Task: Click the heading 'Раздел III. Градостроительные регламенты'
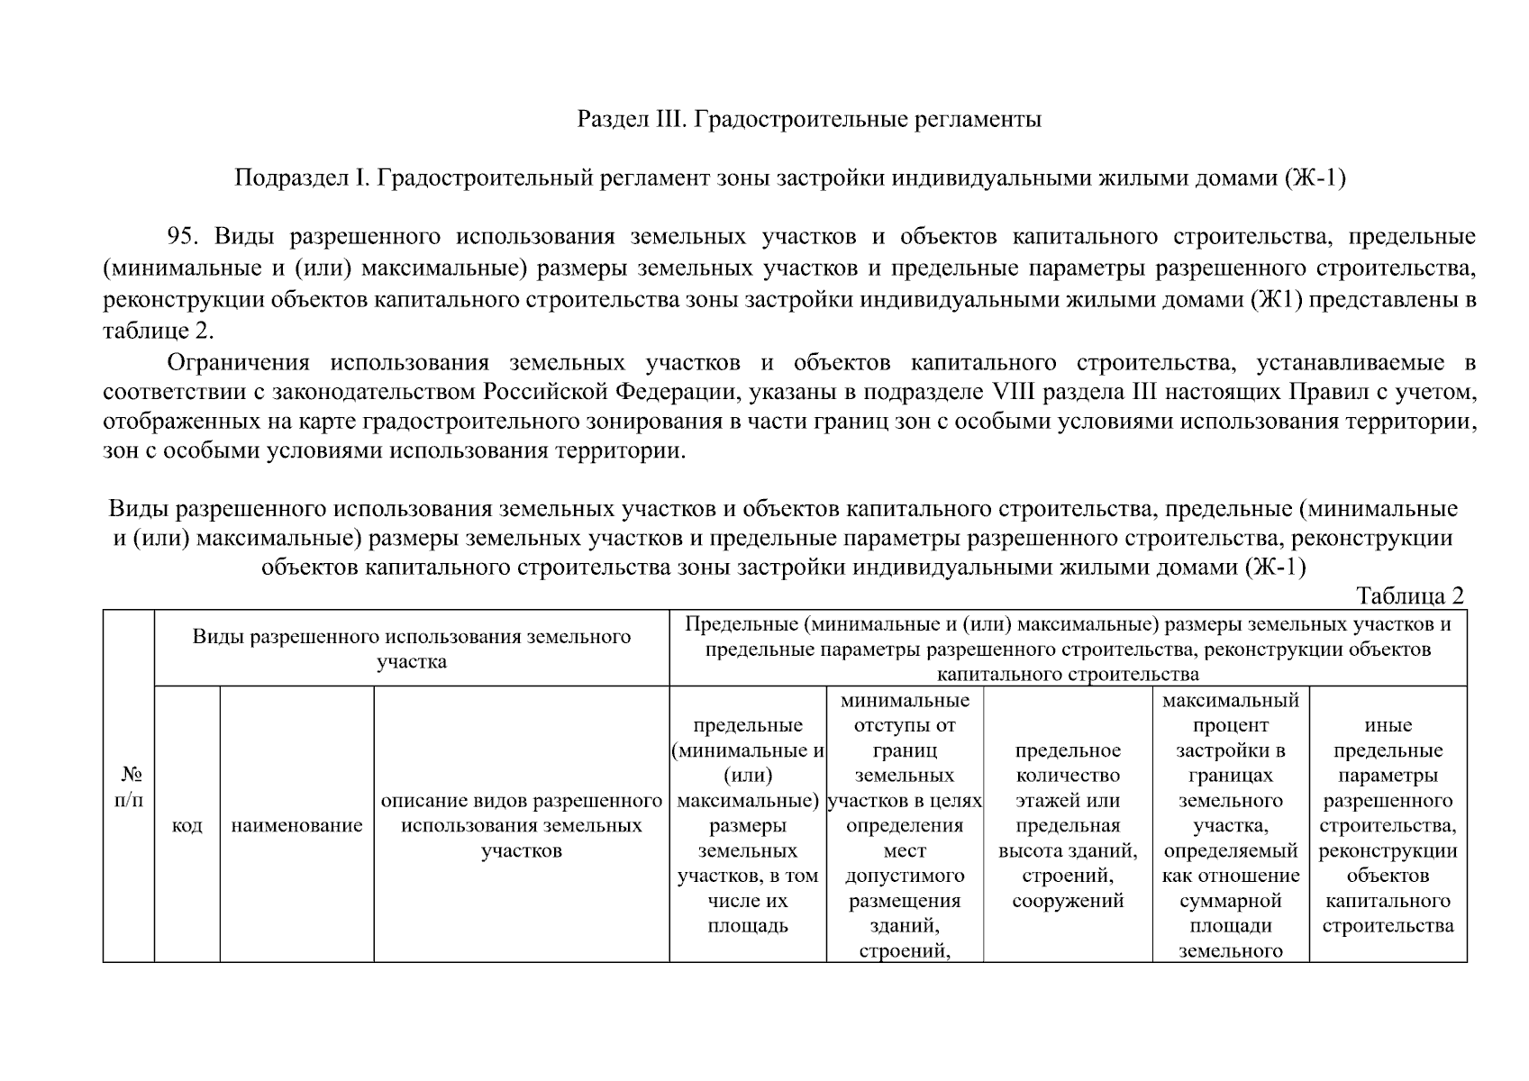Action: click(808, 119)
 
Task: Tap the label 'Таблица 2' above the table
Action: click(1410, 595)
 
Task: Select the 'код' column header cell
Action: click(187, 825)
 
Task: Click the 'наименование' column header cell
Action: click(296, 825)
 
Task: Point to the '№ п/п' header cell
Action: click(129, 786)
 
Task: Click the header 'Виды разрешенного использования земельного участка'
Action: click(411, 649)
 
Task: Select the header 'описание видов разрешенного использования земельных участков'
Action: click(521, 825)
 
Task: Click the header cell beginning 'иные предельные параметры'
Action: click(1388, 825)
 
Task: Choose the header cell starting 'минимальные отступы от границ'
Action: click(905, 825)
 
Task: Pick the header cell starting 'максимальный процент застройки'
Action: click(1230, 825)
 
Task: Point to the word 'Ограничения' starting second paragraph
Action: click(238, 363)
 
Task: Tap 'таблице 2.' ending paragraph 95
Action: click(158, 331)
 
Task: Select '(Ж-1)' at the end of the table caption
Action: click(1276, 568)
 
